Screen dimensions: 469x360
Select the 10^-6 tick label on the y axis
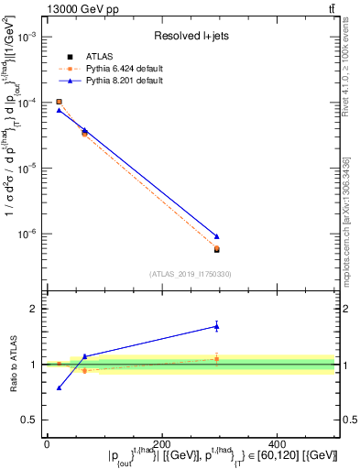tap(28, 234)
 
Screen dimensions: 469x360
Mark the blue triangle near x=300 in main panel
tap(216, 236)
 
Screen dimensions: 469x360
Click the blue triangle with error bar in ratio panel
tap(216, 325)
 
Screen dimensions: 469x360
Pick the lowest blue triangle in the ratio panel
tap(59, 387)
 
